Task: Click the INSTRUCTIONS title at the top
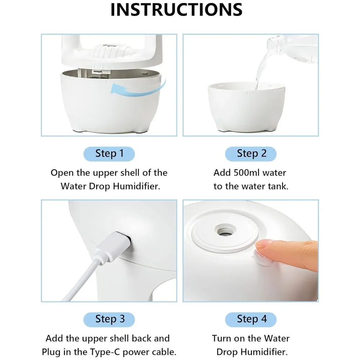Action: [x=176, y=10]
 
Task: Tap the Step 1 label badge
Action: [x=109, y=154]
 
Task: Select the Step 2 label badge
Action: [x=251, y=154]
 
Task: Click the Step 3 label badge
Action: [x=109, y=319]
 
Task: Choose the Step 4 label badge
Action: [x=251, y=319]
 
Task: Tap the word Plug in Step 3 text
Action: [x=51, y=352]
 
